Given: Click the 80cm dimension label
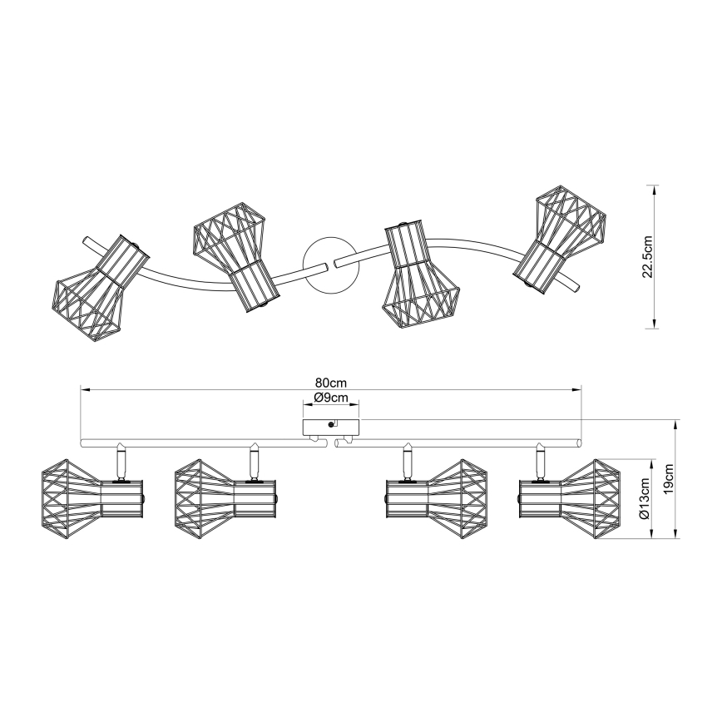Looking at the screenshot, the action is (x=330, y=383).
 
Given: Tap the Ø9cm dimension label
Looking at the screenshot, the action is (x=330, y=398).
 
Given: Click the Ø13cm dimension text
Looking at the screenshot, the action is (x=645, y=499).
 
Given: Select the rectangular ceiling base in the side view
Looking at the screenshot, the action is (x=330, y=428).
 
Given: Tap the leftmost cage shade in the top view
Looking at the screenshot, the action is (x=100, y=289).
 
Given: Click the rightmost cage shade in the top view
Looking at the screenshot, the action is (x=560, y=239).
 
